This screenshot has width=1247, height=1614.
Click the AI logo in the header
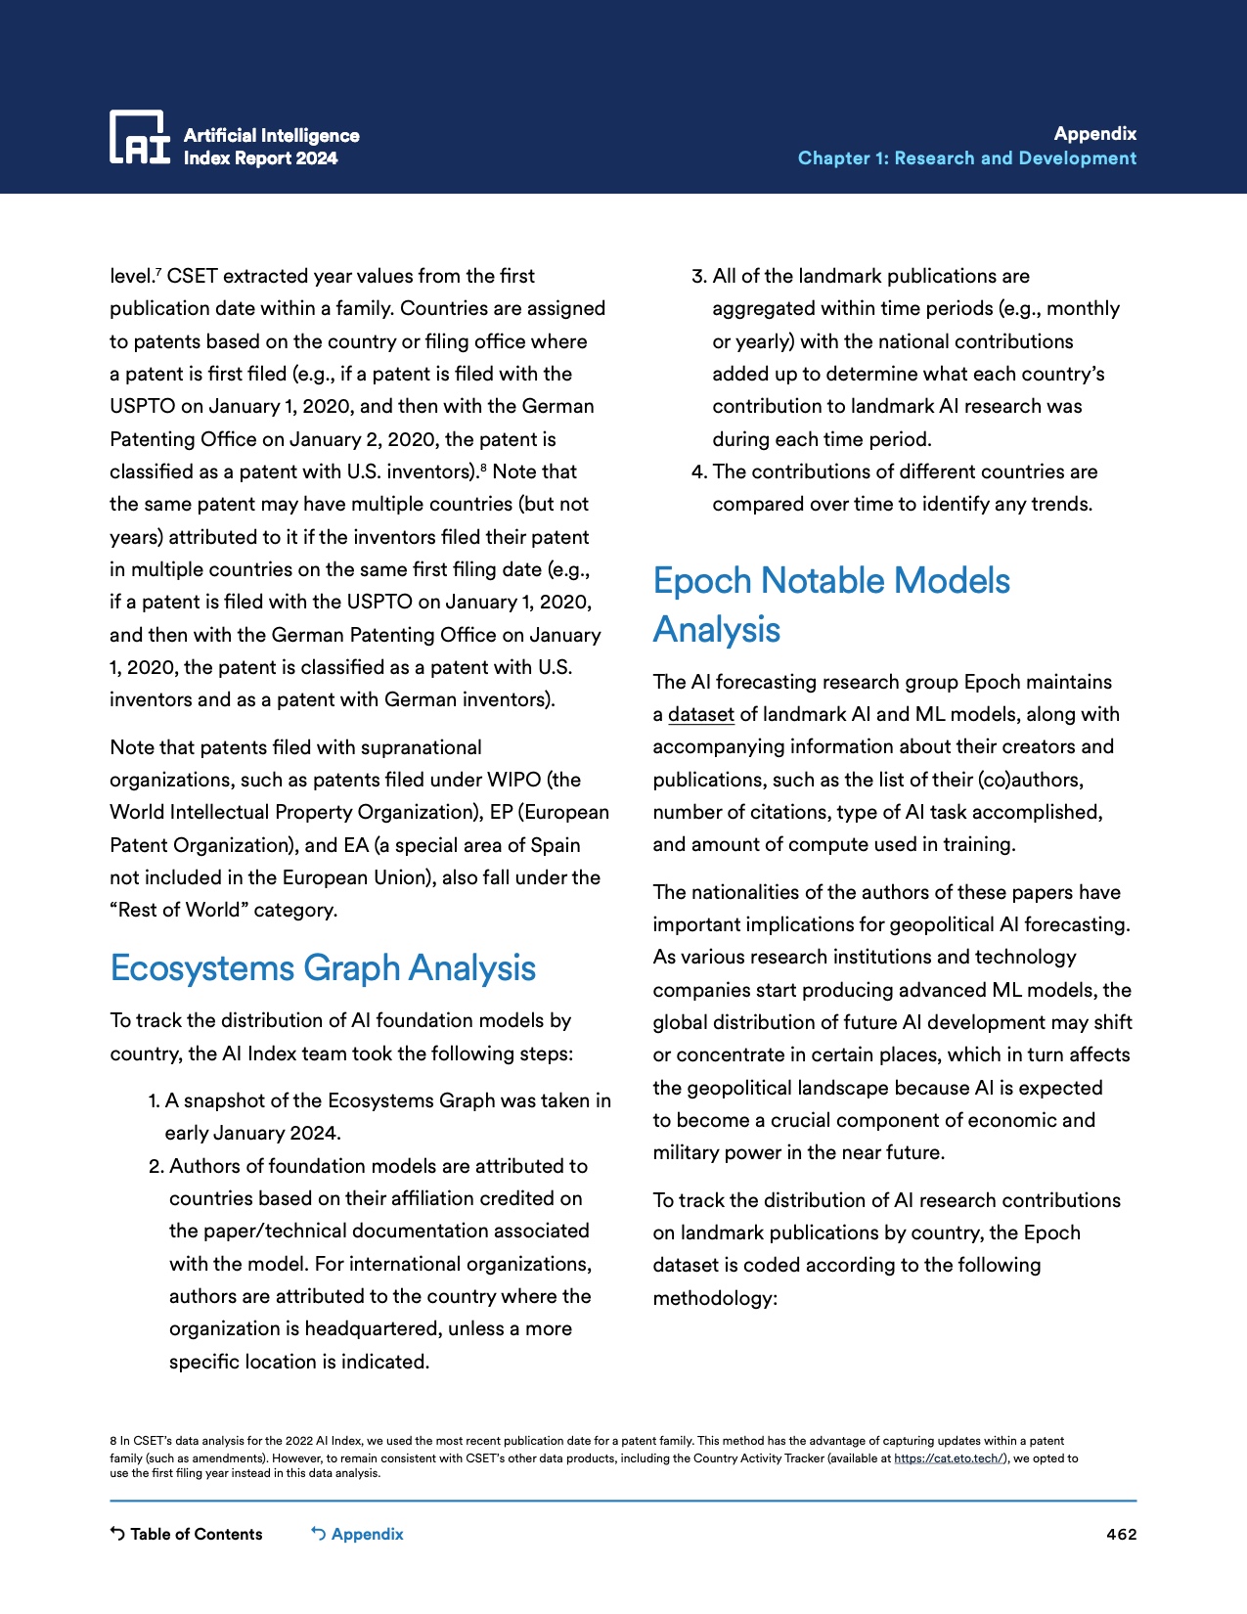(x=139, y=137)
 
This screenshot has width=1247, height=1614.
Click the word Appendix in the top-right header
(x=1094, y=134)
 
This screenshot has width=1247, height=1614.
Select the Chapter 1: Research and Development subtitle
(x=966, y=158)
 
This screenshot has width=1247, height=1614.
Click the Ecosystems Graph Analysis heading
(x=323, y=968)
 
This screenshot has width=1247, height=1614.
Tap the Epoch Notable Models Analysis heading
(x=830, y=605)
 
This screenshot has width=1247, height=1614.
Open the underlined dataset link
(x=700, y=715)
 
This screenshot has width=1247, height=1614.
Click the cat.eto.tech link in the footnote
(x=948, y=1458)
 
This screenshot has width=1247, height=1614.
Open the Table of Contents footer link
(x=187, y=1534)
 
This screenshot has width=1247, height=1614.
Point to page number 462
(x=1121, y=1535)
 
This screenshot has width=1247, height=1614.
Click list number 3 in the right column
(x=698, y=277)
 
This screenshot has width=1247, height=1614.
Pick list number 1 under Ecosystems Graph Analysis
(x=154, y=1101)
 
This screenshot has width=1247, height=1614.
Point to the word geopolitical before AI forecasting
(x=931, y=925)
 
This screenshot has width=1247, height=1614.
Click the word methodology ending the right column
(x=714, y=1299)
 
